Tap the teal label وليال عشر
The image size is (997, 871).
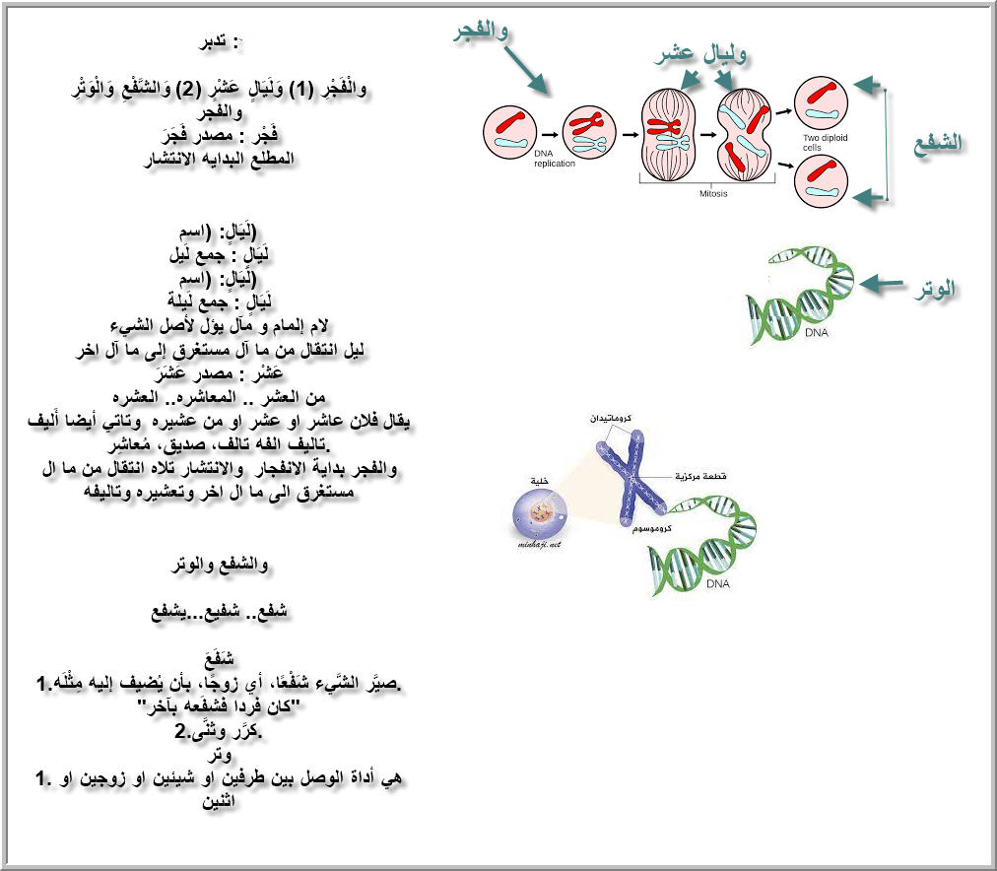tap(700, 54)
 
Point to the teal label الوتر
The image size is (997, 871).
tap(933, 290)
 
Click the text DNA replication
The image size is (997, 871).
tap(554, 159)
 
